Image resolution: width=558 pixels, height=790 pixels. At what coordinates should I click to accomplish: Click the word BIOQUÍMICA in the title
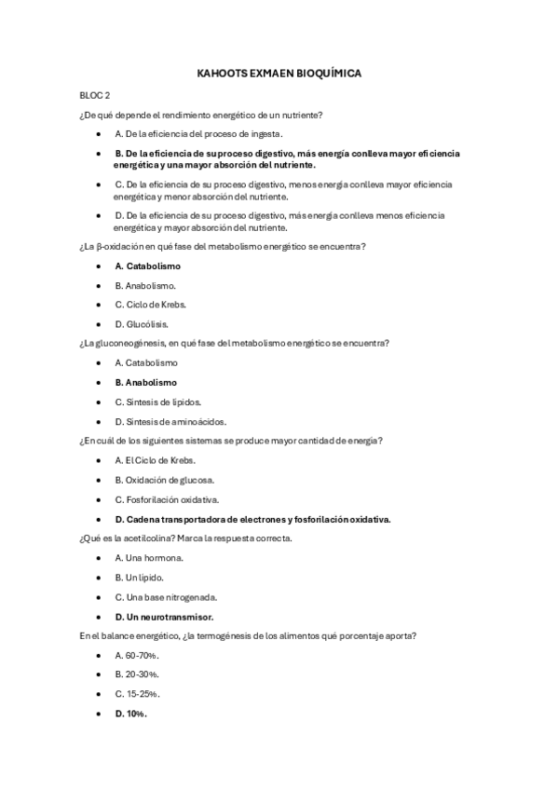(320, 72)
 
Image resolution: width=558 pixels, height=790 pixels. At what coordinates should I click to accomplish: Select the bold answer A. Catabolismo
(147, 266)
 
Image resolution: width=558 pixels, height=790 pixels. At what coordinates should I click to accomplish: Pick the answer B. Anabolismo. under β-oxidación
(145, 285)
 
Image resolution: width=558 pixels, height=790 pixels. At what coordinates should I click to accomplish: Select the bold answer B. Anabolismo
(145, 382)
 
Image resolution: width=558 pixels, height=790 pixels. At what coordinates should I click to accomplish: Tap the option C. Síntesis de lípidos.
(157, 402)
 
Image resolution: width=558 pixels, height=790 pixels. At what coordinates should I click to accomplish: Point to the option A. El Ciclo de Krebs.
(156, 460)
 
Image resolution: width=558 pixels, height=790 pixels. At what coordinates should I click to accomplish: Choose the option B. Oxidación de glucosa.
(165, 480)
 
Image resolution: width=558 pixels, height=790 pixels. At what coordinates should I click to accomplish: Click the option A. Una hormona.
(149, 557)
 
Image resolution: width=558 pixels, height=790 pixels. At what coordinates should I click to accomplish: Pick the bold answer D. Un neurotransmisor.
(164, 616)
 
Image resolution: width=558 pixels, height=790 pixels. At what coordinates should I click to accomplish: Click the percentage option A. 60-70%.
(137, 655)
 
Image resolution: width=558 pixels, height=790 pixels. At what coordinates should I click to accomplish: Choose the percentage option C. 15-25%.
(137, 694)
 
